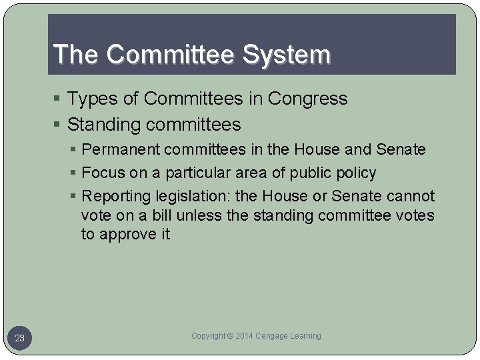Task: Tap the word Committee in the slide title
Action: (x=161, y=55)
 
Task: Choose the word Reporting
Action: (x=115, y=196)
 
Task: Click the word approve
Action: (x=127, y=235)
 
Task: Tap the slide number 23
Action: (x=20, y=339)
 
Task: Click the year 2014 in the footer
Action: (x=246, y=336)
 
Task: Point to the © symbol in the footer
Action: (x=230, y=336)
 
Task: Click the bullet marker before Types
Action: (x=59, y=99)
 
